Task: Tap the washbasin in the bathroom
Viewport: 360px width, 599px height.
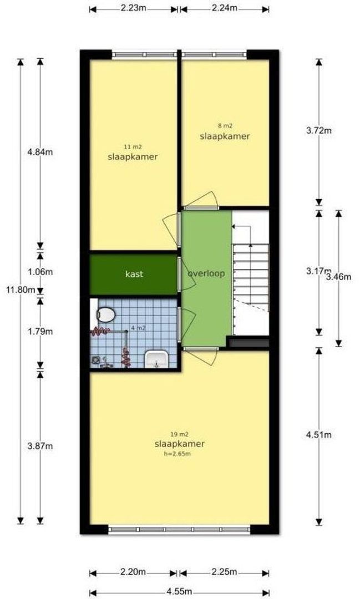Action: pyautogui.click(x=156, y=359)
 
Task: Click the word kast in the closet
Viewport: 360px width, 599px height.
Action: pyautogui.click(x=134, y=274)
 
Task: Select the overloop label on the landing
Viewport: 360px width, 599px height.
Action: pyautogui.click(x=206, y=273)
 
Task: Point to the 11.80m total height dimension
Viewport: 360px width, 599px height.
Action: pyautogui.click(x=18, y=290)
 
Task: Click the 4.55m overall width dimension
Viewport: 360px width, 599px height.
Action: pyautogui.click(x=179, y=591)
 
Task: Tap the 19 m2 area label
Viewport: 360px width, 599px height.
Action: pyautogui.click(x=179, y=434)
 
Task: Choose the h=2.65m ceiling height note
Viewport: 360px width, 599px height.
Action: pyautogui.click(x=178, y=454)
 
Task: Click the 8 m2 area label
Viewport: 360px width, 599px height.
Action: pyautogui.click(x=225, y=126)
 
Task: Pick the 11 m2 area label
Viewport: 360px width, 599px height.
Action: pyautogui.click(x=133, y=146)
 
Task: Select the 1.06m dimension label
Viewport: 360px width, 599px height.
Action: pyautogui.click(x=40, y=272)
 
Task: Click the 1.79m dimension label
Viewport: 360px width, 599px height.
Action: pyautogui.click(x=40, y=332)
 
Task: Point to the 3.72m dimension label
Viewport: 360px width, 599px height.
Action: pyautogui.click(x=319, y=130)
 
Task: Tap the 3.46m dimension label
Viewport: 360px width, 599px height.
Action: pyautogui.click(x=338, y=277)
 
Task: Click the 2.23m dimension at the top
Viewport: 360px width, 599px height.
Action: pyautogui.click(x=134, y=8)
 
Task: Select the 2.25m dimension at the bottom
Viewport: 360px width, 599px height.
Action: pyautogui.click(x=224, y=572)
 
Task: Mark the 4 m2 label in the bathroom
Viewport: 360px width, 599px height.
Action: pyautogui.click(x=138, y=328)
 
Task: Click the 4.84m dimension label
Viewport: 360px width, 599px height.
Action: pyautogui.click(x=40, y=152)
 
